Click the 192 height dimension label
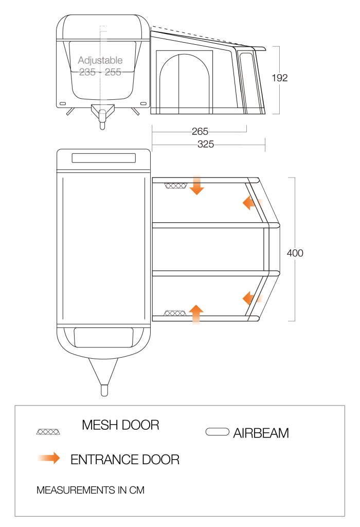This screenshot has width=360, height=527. click(x=279, y=78)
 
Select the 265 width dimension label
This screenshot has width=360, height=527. click(x=200, y=131)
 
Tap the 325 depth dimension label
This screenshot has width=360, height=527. click(x=206, y=144)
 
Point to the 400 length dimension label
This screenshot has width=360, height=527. click(x=295, y=253)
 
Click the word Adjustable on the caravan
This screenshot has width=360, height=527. click(x=100, y=61)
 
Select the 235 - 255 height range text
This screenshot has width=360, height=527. click(x=100, y=72)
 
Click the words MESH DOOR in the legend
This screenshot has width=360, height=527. click(x=120, y=425)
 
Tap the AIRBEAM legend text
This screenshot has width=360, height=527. click(x=261, y=433)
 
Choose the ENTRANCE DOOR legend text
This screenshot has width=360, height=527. click(x=125, y=460)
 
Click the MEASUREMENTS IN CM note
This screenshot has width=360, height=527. click(x=91, y=490)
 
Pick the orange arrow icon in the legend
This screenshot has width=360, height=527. click(x=49, y=458)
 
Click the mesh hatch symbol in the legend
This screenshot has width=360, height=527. click(x=48, y=432)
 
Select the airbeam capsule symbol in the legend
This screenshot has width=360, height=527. click(x=217, y=432)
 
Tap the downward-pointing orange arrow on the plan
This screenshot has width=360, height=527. click(x=196, y=185)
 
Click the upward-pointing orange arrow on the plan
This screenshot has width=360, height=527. click(x=196, y=314)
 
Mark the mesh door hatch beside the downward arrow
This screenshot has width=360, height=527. click(x=176, y=186)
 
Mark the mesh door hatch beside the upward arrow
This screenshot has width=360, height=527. click(x=175, y=313)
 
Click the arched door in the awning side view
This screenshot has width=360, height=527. click(x=184, y=84)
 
